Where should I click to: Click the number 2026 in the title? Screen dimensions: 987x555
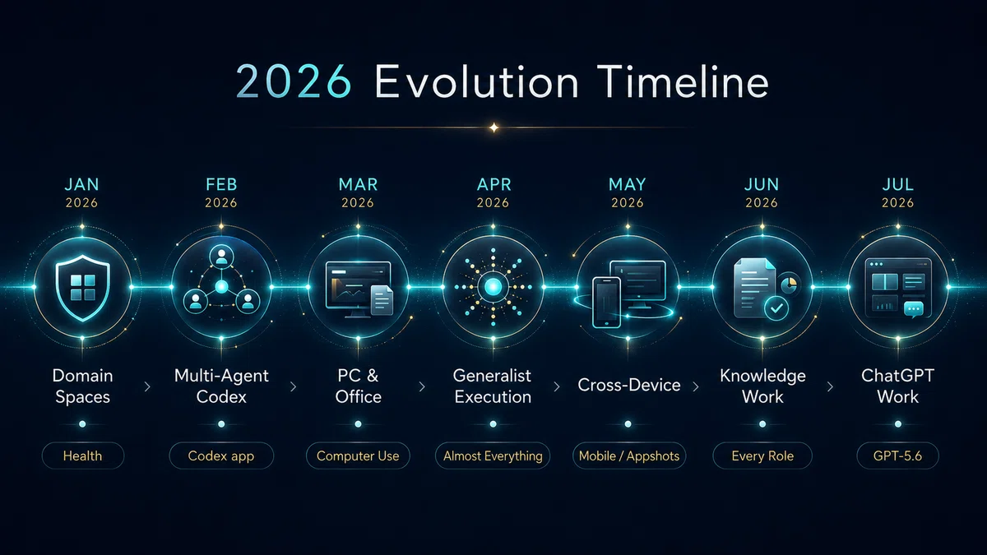click(294, 82)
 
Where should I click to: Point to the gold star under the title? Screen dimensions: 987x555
click(494, 127)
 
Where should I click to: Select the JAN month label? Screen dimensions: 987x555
click(82, 184)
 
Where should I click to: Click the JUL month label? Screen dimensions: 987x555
click(897, 184)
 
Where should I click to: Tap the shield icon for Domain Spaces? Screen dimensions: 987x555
click(83, 288)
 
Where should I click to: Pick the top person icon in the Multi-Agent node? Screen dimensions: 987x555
click(221, 257)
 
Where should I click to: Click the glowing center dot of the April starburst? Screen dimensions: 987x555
click(493, 287)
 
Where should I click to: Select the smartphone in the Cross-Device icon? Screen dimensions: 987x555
click(607, 303)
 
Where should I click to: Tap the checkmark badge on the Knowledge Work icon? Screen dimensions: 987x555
click(776, 308)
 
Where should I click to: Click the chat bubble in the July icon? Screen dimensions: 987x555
click(914, 309)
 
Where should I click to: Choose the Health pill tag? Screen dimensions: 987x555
click(83, 456)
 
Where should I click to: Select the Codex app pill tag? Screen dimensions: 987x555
click(221, 456)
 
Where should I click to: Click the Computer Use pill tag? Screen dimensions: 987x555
click(358, 456)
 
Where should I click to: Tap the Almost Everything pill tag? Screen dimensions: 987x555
click(493, 456)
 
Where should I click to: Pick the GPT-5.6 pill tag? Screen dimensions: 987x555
click(897, 456)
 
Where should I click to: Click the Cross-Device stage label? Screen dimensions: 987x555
click(628, 386)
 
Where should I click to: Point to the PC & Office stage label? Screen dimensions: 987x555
click(359, 386)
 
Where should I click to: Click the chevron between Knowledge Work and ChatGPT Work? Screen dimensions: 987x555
click(831, 386)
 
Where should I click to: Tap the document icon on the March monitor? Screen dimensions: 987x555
click(382, 300)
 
